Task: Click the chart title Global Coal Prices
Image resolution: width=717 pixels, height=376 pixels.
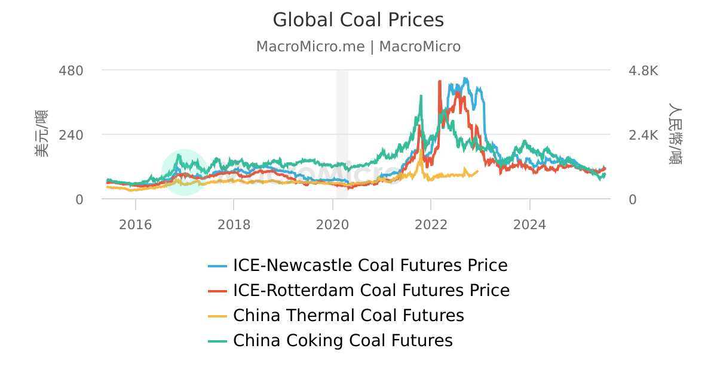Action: [358, 20]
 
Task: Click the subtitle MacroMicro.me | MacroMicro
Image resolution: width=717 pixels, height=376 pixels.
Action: [358, 47]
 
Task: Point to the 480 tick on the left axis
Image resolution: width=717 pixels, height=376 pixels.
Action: [71, 70]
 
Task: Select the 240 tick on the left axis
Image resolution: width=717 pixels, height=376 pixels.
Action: [71, 135]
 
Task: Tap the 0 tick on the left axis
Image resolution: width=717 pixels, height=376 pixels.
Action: [79, 199]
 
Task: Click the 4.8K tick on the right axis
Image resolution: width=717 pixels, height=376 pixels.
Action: [643, 70]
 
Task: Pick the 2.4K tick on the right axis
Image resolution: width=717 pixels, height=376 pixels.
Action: [643, 135]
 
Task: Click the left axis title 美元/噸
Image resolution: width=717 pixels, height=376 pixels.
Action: [41, 134]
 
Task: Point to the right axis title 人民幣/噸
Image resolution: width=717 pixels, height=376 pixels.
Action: [675, 134]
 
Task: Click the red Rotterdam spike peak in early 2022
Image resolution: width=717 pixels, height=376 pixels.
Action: [440, 81]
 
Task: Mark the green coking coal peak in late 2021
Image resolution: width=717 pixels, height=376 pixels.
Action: [421, 95]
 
